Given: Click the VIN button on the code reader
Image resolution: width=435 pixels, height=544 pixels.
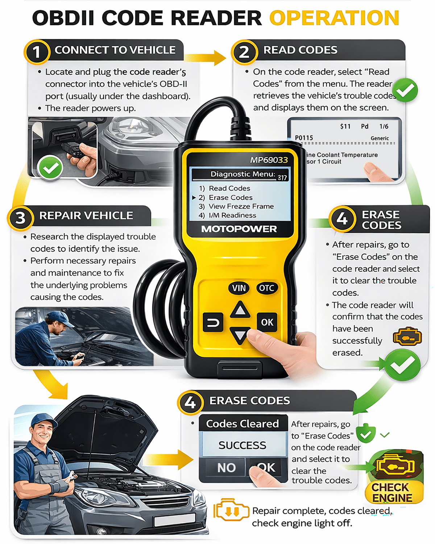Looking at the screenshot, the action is pyautogui.click(x=239, y=288).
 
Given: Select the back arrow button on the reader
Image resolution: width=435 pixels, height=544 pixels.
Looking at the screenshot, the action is pyautogui.click(x=213, y=322).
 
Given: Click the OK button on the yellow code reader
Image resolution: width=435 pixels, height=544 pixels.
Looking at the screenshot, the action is pyautogui.click(x=267, y=322).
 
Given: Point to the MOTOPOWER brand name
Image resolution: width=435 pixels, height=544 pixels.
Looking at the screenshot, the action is pyautogui.click(x=239, y=229).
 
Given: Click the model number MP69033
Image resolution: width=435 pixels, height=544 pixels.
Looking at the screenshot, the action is pyautogui.click(x=269, y=160).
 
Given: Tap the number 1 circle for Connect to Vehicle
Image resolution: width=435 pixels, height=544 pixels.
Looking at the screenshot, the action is pyautogui.click(x=36, y=52).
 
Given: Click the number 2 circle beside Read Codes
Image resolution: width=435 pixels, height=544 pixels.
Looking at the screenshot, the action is pyautogui.click(x=244, y=52).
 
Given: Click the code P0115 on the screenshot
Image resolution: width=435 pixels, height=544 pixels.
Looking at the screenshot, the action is pyautogui.click(x=304, y=138).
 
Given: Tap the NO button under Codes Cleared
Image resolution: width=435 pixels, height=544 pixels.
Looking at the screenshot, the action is pyautogui.click(x=227, y=467).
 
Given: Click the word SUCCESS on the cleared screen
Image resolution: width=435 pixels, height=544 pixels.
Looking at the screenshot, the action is pyautogui.click(x=243, y=445).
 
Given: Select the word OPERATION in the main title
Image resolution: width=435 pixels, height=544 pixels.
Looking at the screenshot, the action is pyautogui.click(x=334, y=18).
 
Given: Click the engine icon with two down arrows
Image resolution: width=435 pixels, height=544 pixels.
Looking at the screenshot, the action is pyautogui.click(x=231, y=510).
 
